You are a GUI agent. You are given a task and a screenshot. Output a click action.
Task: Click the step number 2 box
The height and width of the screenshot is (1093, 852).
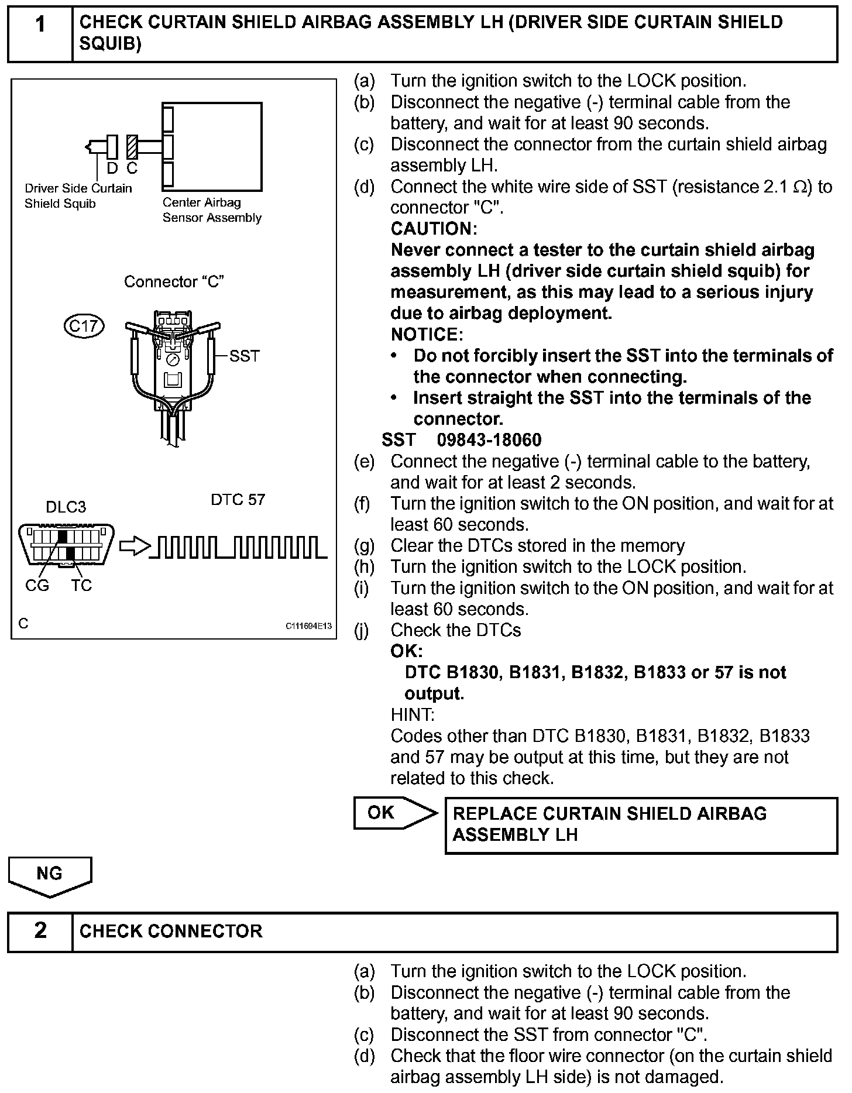(40, 931)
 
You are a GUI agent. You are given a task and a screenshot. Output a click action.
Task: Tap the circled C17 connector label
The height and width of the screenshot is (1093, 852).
(84, 326)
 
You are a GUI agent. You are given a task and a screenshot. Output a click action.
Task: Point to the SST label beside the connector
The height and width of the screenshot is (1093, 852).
(244, 356)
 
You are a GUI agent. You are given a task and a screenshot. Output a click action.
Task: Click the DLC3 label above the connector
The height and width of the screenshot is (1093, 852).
(66, 507)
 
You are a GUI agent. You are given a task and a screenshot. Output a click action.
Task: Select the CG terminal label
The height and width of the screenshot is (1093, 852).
(37, 585)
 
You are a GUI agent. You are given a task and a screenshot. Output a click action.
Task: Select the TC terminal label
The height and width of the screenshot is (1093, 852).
(81, 585)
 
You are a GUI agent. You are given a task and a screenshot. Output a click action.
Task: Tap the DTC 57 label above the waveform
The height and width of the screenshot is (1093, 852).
(238, 500)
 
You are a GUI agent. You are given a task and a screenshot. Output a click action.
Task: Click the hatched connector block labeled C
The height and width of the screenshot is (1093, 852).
(132, 147)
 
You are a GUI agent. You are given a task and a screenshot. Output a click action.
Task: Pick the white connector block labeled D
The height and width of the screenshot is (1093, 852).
(112, 147)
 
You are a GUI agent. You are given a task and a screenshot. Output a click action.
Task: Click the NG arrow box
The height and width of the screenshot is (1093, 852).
(50, 874)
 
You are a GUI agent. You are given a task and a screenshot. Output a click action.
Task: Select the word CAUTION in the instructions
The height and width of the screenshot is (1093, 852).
(434, 229)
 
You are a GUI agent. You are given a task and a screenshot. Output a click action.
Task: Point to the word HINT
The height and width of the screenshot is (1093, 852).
(412, 714)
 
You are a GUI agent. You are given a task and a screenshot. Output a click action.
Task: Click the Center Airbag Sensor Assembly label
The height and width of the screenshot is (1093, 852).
(212, 210)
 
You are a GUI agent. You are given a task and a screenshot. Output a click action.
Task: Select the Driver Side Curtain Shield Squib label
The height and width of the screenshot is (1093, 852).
(78, 196)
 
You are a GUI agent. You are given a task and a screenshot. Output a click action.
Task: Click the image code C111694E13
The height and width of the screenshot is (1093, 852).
(308, 626)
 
